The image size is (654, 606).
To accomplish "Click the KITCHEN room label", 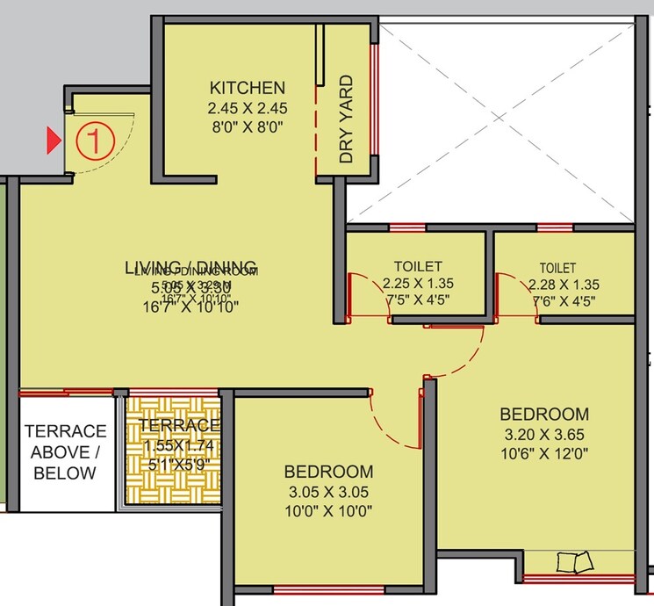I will (247, 88).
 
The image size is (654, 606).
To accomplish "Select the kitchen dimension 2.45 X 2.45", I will (247, 109).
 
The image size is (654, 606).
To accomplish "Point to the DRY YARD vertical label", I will (347, 119).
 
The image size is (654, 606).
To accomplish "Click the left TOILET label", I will (418, 266).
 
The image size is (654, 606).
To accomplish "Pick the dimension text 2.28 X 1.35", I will (564, 285).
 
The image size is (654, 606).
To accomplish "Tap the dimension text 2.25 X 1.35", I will (418, 284).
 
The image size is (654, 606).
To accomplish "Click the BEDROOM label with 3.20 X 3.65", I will (544, 414).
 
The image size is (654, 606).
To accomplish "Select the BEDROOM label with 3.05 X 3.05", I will (329, 472).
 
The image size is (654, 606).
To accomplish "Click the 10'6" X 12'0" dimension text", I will (544, 454).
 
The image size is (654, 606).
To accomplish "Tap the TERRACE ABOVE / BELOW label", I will (65, 452).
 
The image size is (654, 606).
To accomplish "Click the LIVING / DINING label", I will (190, 267).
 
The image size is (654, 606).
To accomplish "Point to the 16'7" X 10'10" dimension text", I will (190, 306).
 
